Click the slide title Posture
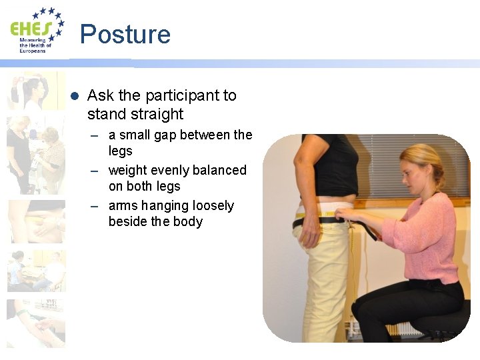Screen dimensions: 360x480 (x=125, y=34)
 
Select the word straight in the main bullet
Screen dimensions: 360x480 (x=158, y=114)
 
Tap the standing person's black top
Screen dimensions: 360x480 (x=330, y=167)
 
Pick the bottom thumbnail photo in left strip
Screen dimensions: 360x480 (x=36, y=323)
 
